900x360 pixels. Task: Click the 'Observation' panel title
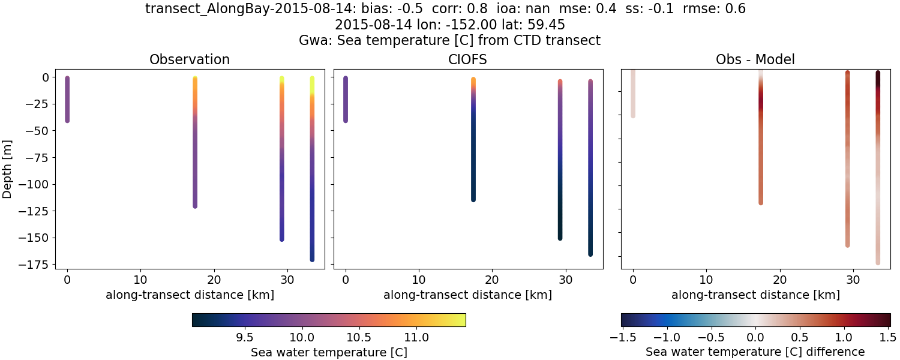click(190, 59)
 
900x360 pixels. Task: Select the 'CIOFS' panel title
click(468, 59)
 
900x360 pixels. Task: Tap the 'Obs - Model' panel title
click(755, 59)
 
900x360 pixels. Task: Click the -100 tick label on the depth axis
click(37, 184)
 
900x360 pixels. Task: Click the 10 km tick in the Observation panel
click(140, 280)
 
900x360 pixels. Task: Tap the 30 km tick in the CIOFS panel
click(565, 280)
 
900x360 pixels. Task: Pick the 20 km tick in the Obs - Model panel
click(779, 280)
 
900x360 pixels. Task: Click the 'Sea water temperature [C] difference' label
click(755, 352)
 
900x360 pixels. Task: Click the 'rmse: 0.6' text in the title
click(714, 9)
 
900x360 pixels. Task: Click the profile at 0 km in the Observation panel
click(67, 100)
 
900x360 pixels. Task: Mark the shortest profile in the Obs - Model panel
click(633, 93)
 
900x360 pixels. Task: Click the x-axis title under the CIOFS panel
click(468, 295)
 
